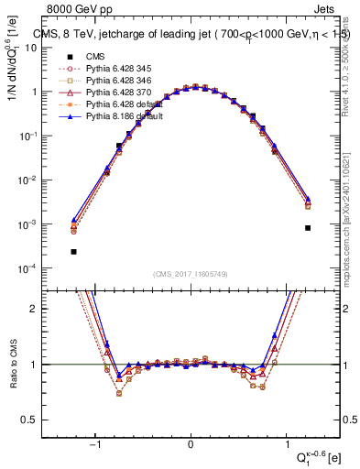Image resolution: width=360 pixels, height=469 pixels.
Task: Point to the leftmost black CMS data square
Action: (73, 251)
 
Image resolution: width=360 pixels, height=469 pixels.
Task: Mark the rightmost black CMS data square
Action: (308, 228)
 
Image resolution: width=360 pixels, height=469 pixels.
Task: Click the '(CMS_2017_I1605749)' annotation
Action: (191, 275)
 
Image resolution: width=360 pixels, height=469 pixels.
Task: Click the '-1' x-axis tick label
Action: (95, 444)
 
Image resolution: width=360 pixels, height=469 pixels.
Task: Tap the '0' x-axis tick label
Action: (191, 444)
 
